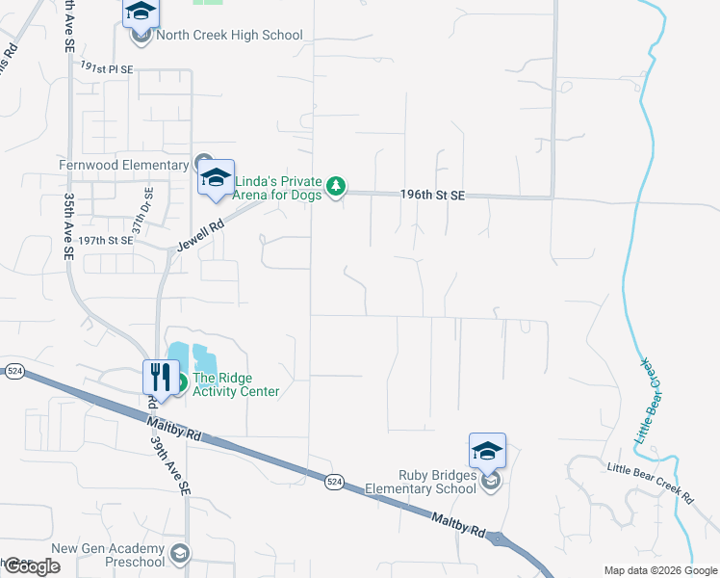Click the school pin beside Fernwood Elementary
pos(217,178)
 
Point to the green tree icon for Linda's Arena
pos(335,185)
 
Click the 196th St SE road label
pos(432,196)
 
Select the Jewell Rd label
pos(200,236)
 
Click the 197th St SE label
pos(105,240)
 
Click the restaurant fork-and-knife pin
pos(161,377)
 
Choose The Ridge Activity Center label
pos(236,384)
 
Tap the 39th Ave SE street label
pos(170,463)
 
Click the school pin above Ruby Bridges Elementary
pos(487,451)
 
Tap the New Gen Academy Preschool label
pos(108,555)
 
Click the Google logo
pos(31,566)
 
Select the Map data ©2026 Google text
pos(659,570)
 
